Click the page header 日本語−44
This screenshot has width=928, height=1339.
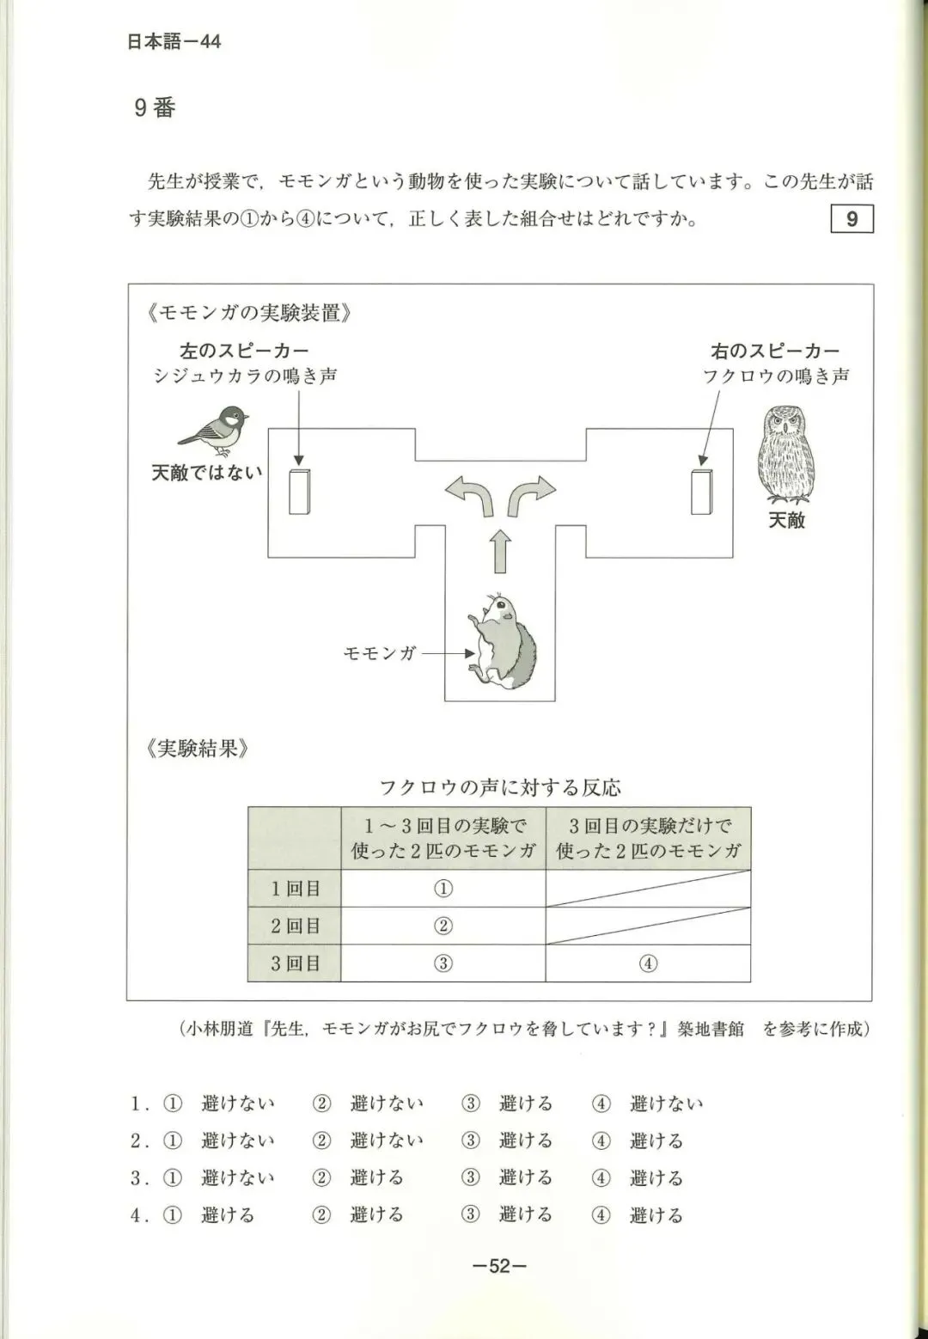coord(174,41)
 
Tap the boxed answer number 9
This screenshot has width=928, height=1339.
coord(852,219)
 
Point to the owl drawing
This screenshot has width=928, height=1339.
coord(786,457)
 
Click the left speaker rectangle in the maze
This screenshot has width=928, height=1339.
coord(299,492)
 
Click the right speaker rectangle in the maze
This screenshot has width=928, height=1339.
coord(701,492)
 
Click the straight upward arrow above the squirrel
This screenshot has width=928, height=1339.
coord(500,551)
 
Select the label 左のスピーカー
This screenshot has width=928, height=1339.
coord(244,351)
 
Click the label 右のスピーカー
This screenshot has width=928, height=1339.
coord(775,351)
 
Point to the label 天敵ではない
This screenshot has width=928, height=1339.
coord(206,473)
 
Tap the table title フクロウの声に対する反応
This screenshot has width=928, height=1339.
coord(500,787)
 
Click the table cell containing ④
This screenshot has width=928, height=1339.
coord(648,963)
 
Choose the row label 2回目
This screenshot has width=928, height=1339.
coord(295,926)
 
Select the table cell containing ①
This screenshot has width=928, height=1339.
coord(443,889)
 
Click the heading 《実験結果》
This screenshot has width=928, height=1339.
coord(198,748)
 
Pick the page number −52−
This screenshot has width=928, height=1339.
coord(499,1266)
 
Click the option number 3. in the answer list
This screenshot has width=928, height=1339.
coord(139,1178)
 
